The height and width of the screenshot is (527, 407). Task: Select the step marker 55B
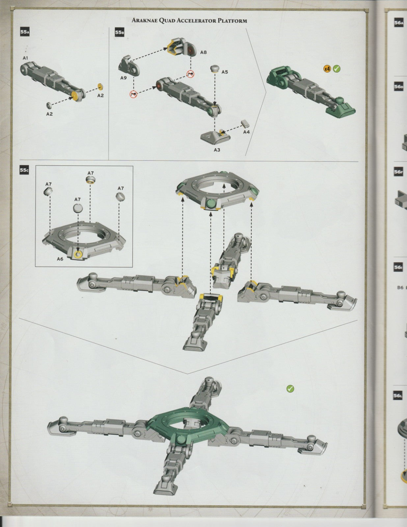pos(119,32)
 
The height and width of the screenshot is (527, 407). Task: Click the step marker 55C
pos(24,170)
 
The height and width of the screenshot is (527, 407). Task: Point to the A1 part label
pos(25,58)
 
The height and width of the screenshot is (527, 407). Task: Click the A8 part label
pos(203,52)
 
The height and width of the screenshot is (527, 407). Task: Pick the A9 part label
pos(123,78)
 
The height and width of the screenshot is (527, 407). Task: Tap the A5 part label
pos(224,72)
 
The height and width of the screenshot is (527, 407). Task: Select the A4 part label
pos(246,132)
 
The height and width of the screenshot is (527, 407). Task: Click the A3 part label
pos(217,150)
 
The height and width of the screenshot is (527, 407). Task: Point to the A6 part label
pos(60,259)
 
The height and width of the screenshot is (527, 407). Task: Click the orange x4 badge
pos(327,69)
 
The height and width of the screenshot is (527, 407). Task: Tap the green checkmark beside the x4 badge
pos(337,69)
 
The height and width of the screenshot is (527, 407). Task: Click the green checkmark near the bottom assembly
pos(290,389)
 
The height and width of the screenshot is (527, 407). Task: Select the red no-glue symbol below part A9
pos(134,95)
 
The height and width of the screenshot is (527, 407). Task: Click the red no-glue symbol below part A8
pos(190,74)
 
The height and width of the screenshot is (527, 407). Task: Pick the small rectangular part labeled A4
pos(245,123)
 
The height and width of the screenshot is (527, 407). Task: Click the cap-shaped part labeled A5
pos(215,68)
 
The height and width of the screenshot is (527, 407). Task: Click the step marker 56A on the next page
pos(398,23)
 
